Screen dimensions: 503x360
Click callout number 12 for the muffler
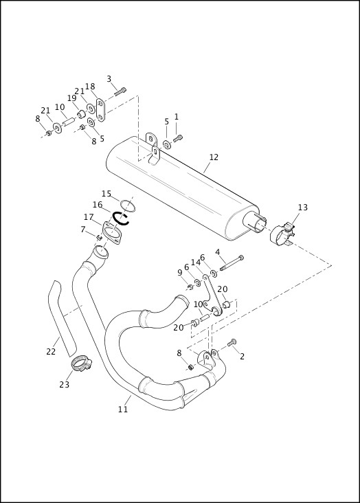(214, 157)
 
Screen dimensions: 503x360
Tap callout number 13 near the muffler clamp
(303, 208)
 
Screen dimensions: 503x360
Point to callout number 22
(51, 352)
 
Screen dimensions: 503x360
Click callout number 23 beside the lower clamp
(64, 385)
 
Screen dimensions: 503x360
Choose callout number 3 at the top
(109, 79)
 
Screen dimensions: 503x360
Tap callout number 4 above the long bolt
(218, 252)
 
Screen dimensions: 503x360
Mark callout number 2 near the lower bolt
(242, 356)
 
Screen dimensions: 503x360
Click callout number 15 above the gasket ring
(106, 194)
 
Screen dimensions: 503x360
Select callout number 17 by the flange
(89, 217)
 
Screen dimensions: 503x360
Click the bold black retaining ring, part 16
(122, 218)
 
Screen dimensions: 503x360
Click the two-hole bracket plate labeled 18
(100, 109)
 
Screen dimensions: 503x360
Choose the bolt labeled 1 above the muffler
(178, 138)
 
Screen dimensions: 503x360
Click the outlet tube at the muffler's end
(259, 223)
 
